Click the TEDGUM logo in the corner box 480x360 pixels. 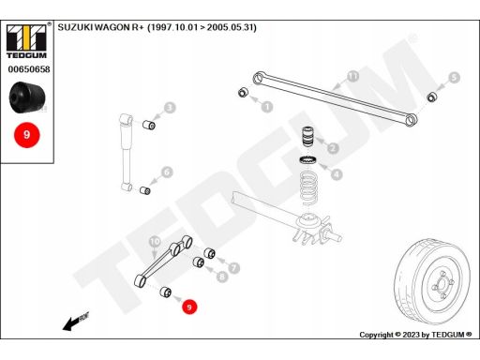[x=27, y=41]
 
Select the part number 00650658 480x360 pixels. [x=29, y=69]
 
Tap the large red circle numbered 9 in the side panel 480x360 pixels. [x=27, y=135]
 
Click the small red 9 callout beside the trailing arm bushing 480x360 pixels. [x=189, y=307]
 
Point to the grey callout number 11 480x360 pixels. [x=352, y=76]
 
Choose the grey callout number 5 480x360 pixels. [x=454, y=78]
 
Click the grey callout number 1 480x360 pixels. [x=267, y=107]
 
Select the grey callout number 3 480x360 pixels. [x=170, y=108]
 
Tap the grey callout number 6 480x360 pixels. [x=167, y=172]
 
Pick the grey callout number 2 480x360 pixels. [x=333, y=148]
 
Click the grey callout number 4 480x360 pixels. [x=337, y=174]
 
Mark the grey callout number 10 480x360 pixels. [x=155, y=241]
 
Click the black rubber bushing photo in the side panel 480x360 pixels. [x=27, y=97]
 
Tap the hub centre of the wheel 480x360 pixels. [x=442, y=284]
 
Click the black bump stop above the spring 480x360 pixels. [x=308, y=136]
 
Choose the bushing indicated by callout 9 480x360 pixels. [x=166, y=292]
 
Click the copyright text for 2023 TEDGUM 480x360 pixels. [x=415, y=335]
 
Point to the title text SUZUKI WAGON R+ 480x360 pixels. [x=100, y=27]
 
